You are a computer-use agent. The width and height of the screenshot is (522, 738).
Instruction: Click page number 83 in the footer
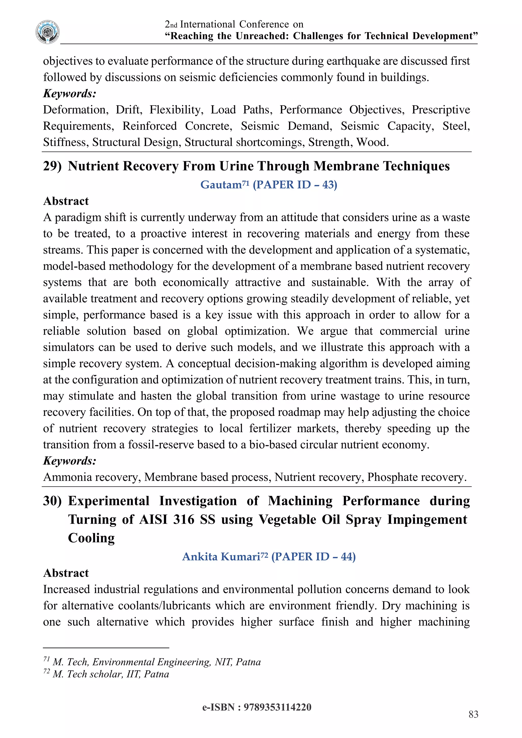coord(473,714)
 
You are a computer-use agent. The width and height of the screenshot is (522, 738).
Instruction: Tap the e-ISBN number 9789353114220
coord(277,707)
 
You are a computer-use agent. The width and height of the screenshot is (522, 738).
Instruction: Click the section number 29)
coord(52,166)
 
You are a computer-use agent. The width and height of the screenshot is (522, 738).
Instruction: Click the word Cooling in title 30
coord(91,538)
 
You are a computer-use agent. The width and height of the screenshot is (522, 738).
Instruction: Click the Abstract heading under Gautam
coord(66,201)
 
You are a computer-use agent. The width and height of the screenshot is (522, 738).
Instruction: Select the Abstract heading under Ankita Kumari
coord(66,573)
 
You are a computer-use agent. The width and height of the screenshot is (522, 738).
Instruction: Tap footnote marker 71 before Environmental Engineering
coord(46,659)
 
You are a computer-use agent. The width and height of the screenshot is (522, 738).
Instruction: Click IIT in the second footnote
coord(133,674)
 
